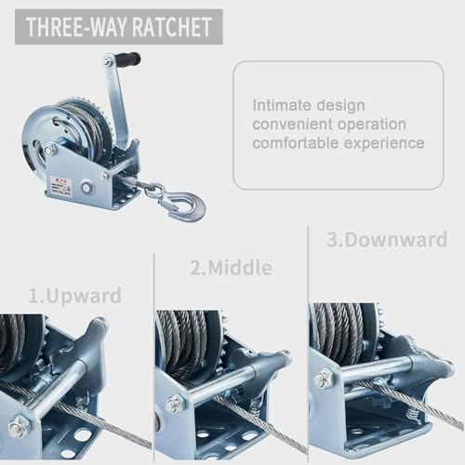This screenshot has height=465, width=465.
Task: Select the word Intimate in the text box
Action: point(282,104)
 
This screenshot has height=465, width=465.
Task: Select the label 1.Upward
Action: point(74,297)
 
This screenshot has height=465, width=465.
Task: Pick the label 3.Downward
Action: point(386,240)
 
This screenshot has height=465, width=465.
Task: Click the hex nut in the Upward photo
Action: point(19,428)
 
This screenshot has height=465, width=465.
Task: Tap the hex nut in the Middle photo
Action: point(174,404)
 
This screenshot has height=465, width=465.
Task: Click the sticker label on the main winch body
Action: point(61,186)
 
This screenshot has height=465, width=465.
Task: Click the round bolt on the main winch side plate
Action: point(86,188)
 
